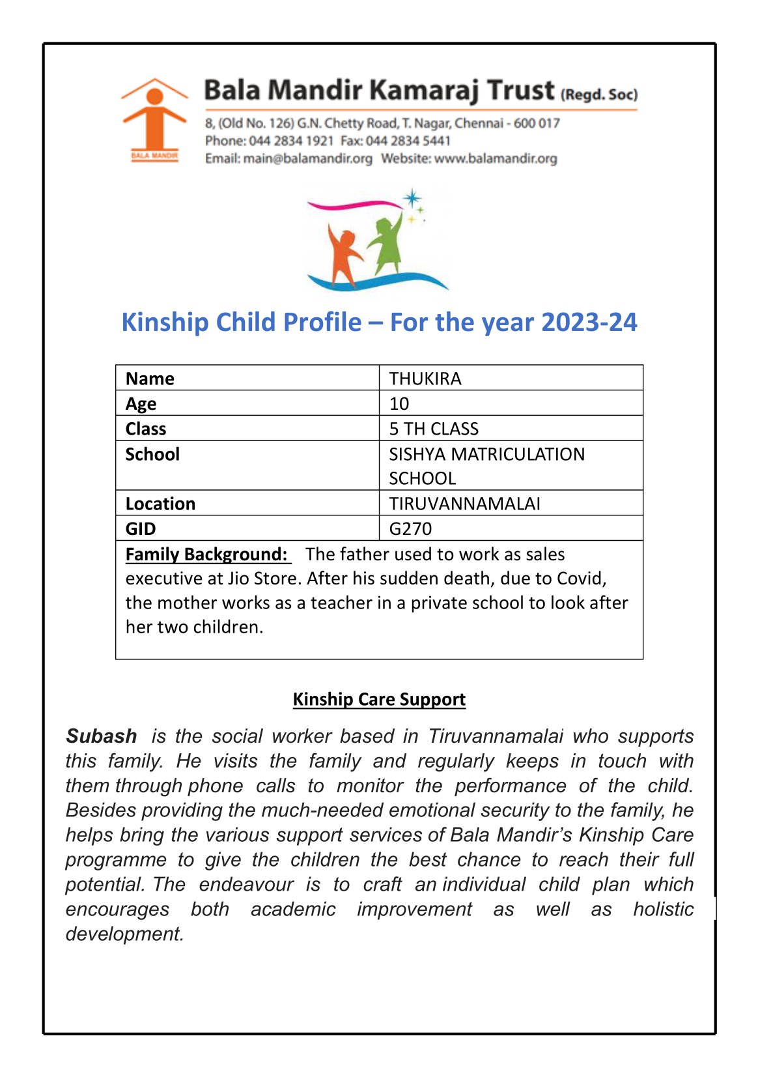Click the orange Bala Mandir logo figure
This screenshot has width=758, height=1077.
(x=154, y=117)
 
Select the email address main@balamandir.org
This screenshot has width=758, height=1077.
(x=307, y=158)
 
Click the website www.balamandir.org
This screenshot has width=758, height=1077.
(x=496, y=158)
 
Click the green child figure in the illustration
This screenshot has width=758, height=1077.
(x=387, y=244)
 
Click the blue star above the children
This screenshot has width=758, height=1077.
(x=412, y=197)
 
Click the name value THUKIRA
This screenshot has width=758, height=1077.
(x=425, y=379)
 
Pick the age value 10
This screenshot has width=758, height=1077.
(x=399, y=404)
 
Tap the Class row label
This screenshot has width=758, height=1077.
(x=146, y=429)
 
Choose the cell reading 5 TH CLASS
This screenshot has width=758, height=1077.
(x=434, y=429)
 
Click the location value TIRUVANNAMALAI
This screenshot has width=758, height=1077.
(x=464, y=504)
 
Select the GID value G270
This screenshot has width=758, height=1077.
(x=410, y=528)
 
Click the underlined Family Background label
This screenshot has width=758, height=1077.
(x=206, y=554)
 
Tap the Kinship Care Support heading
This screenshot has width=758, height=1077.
(x=379, y=699)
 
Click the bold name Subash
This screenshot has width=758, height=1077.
(x=102, y=736)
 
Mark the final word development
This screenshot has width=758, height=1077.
(x=124, y=934)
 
